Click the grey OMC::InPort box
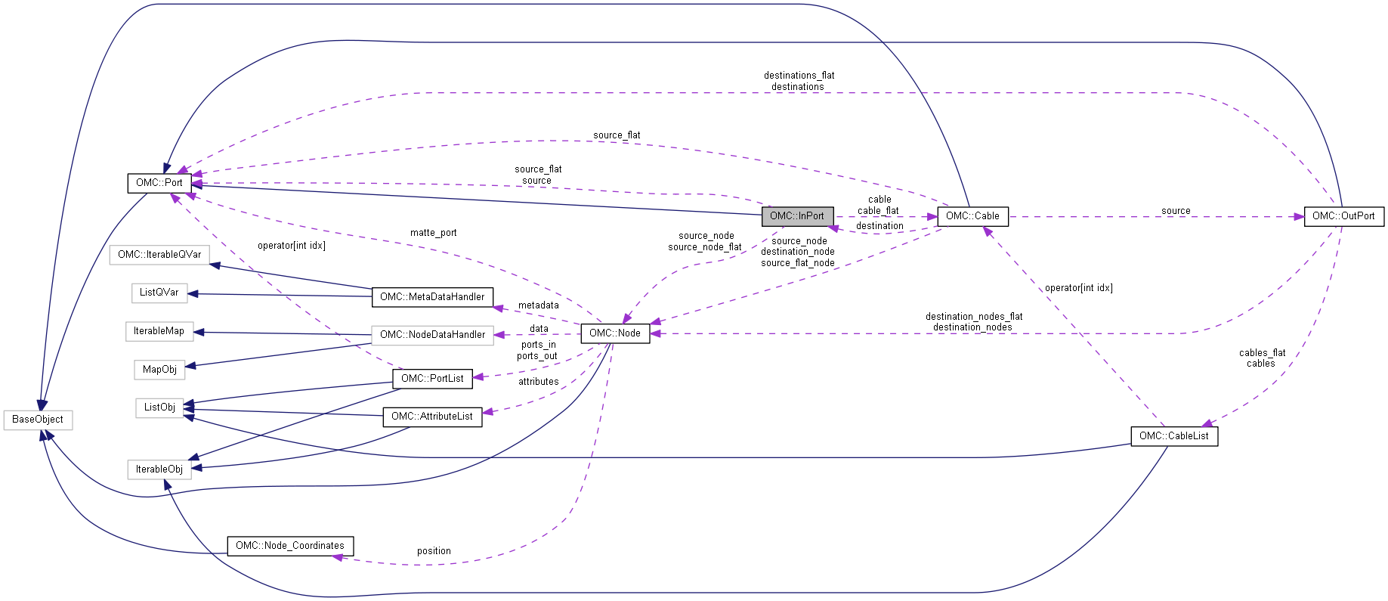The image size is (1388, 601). [797, 216]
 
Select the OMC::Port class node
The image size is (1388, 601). [159, 183]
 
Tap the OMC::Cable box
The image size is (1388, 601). [972, 216]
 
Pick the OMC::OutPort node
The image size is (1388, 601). [1343, 216]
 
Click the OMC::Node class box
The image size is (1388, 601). [614, 333]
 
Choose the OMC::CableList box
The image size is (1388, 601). [1173, 436]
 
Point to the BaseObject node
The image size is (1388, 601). [38, 420]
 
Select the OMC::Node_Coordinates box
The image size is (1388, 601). [289, 546]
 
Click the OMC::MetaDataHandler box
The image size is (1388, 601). [432, 297]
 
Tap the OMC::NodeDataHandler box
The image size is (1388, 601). [432, 335]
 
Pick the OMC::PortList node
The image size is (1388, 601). [432, 379]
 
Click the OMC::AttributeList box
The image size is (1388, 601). [432, 417]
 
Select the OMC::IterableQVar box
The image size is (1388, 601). [159, 255]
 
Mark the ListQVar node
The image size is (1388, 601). [159, 293]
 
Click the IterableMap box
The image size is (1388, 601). [159, 331]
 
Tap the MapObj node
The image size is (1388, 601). [159, 370]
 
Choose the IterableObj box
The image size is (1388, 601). [159, 469]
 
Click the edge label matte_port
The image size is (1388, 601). [433, 233]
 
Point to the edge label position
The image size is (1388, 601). [434, 551]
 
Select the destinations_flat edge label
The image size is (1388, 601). [799, 76]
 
